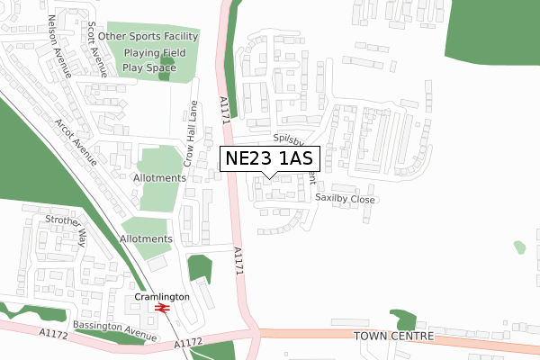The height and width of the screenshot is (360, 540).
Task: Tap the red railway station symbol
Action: pyautogui.click(x=163, y=309)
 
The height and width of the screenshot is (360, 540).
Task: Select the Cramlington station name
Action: pyautogui.click(x=163, y=296)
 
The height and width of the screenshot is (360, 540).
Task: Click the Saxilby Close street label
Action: pyautogui.click(x=345, y=199)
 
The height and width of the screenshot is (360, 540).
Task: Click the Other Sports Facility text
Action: pyautogui.click(x=148, y=36)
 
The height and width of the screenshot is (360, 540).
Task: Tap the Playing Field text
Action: pyautogui.click(x=154, y=52)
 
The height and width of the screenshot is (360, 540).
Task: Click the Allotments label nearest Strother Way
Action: pyautogui.click(x=145, y=238)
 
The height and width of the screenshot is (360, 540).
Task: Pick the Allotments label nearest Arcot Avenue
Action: pyautogui.click(x=159, y=177)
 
